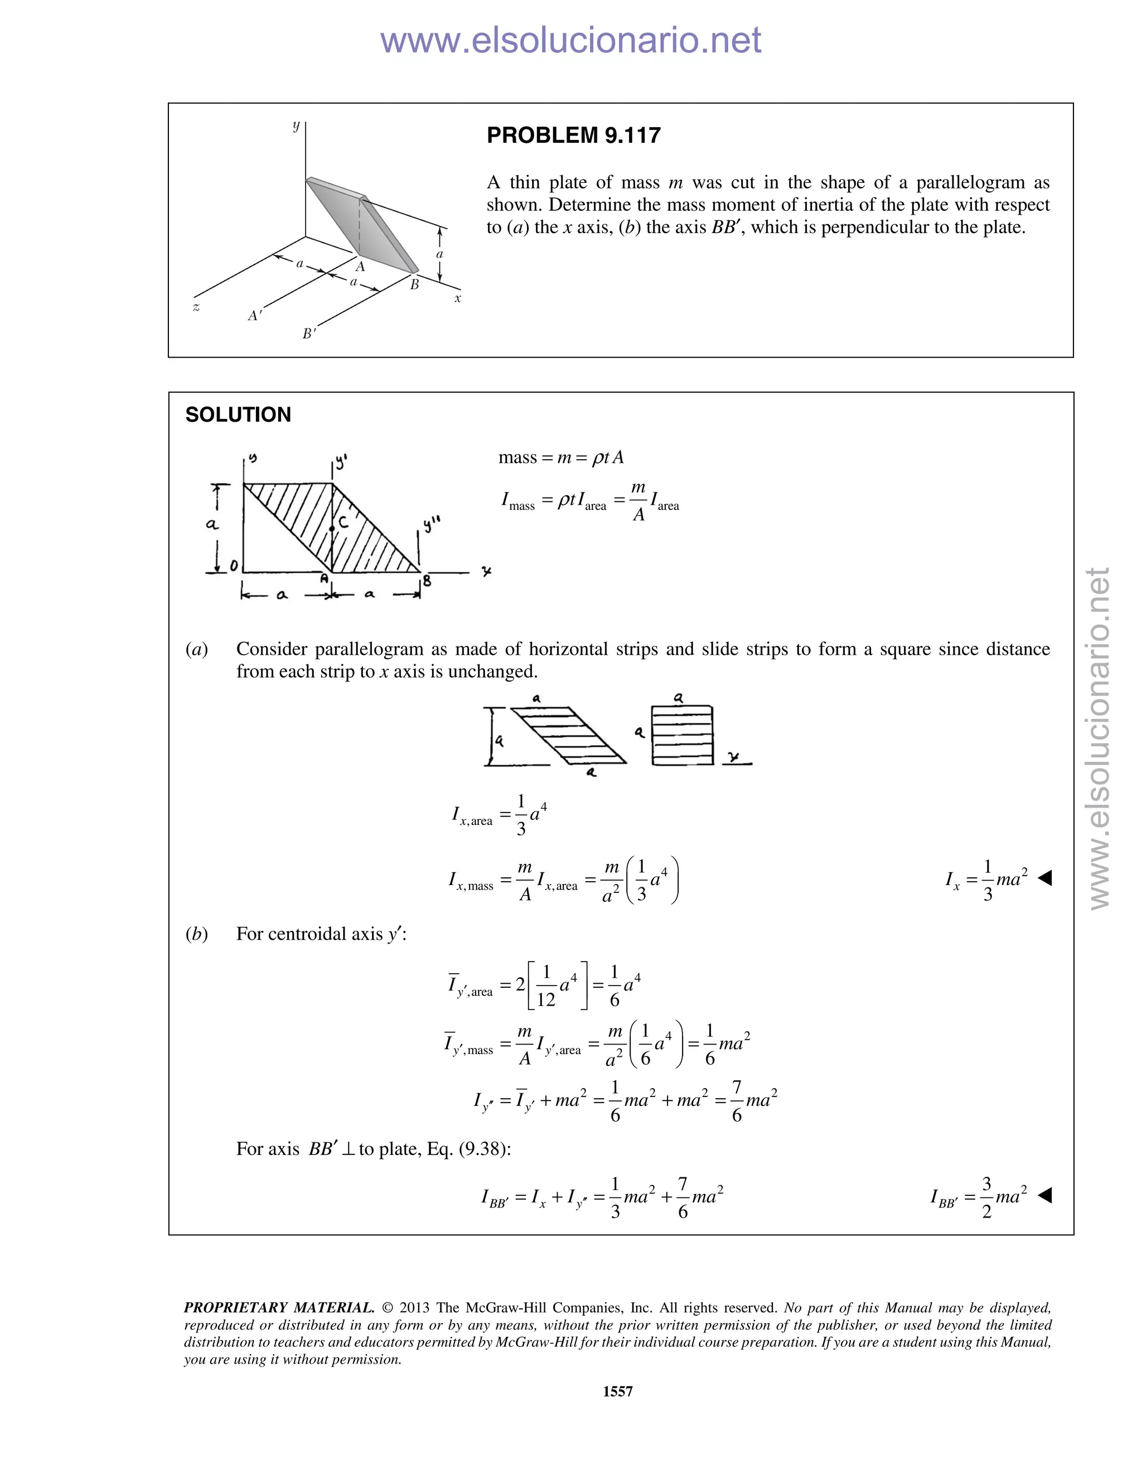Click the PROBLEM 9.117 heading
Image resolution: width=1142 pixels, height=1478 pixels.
point(573,136)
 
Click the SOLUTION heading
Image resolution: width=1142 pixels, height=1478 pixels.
point(238,415)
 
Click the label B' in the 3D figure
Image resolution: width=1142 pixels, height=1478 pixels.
point(309,334)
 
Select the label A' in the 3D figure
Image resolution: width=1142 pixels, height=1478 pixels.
point(254,315)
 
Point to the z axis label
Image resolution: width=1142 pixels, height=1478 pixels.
point(196,308)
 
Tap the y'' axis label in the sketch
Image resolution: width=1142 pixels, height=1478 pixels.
point(432,523)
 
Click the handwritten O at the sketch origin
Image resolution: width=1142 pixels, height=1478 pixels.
point(234,566)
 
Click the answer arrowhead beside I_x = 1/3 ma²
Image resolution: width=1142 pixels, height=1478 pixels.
point(1044,878)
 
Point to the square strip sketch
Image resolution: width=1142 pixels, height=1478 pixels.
point(682,735)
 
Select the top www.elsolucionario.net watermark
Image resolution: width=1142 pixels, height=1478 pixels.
point(570,41)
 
